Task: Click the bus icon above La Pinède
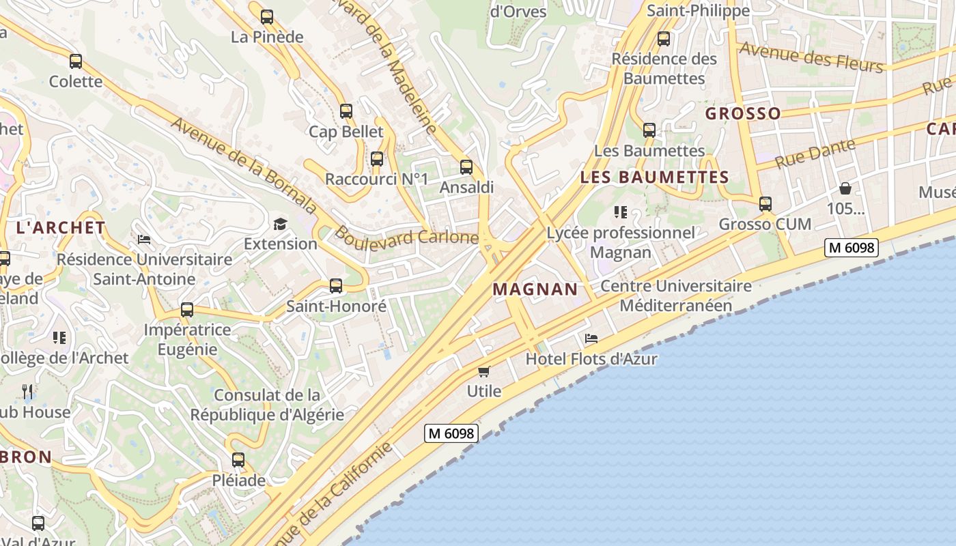point(267,17)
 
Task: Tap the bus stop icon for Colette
point(76,61)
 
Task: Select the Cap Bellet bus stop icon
point(346,111)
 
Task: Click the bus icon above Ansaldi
point(466,167)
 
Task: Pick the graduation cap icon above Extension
point(280,224)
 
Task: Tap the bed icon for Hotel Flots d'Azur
point(591,339)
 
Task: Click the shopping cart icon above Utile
point(484,371)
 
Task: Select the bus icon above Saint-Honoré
point(336,286)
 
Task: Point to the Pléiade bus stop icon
point(238,460)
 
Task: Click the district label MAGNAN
point(535,289)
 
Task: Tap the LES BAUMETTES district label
point(654,177)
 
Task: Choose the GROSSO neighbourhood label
point(743,113)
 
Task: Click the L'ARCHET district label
point(61,228)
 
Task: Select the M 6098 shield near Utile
point(450,433)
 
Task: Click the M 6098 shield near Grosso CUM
point(850,248)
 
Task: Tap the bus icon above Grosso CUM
point(765,204)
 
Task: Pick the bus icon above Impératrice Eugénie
point(187,310)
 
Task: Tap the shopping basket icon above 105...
point(845,188)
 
